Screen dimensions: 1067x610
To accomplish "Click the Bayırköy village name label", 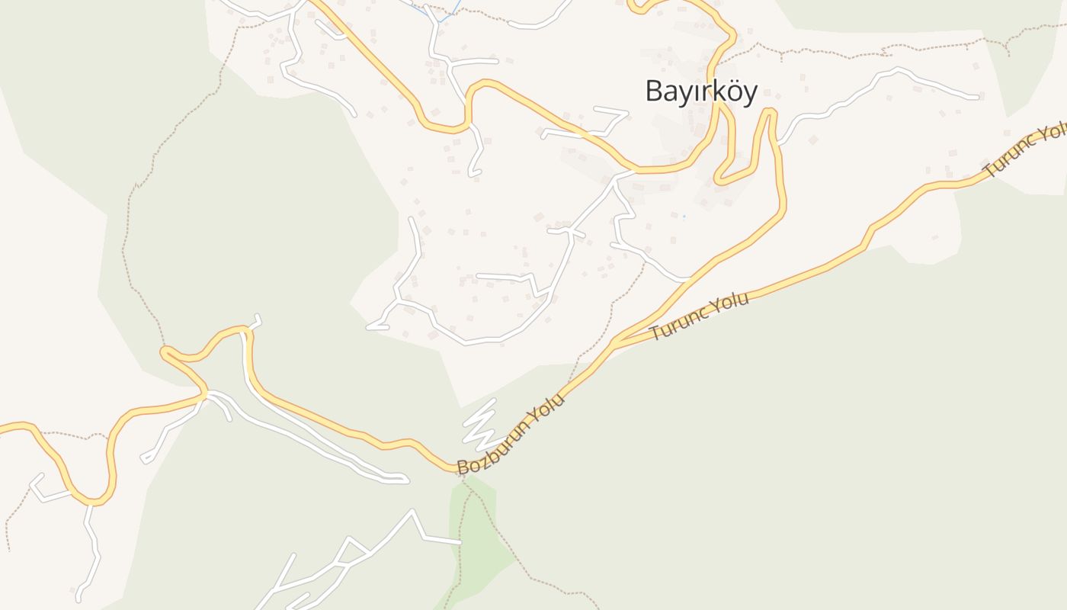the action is pyautogui.click(x=701, y=91).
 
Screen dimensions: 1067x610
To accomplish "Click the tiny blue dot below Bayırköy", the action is pyautogui.click(x=684, y=217).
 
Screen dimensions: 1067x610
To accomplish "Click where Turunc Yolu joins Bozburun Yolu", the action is pyautogui.click(x=616, y=343).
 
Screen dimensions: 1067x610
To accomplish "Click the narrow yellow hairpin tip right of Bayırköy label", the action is pyautogui.click(x=768, y=113).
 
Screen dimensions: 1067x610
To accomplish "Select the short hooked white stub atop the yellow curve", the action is pyautogui.click(x=255, y=322).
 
